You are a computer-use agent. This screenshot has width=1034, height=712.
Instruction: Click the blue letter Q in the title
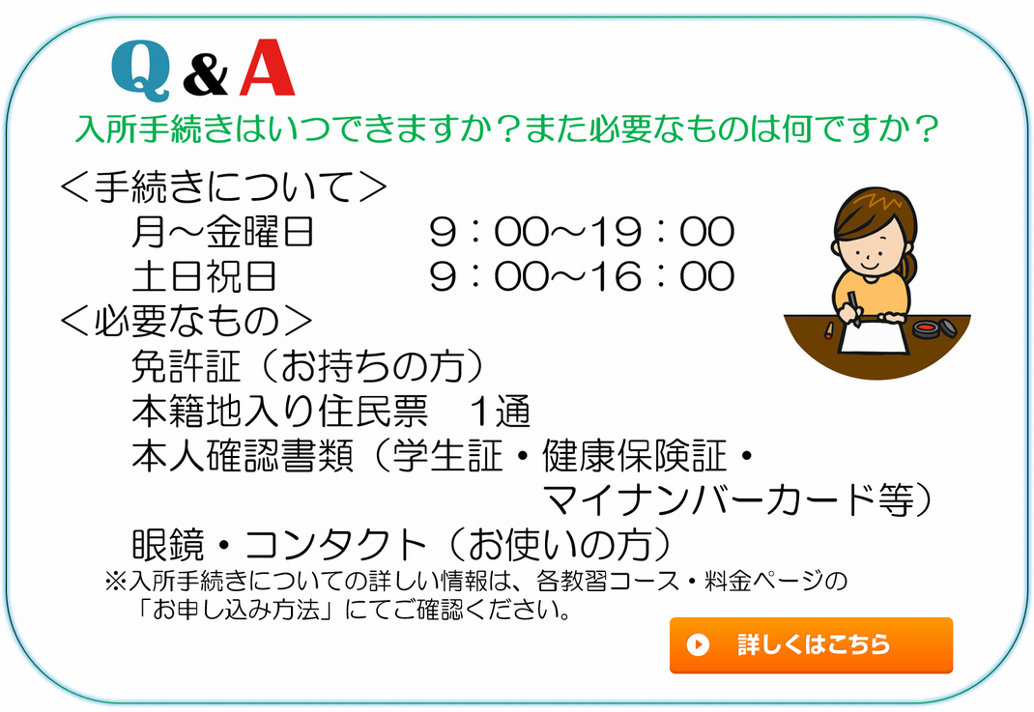[141, 71]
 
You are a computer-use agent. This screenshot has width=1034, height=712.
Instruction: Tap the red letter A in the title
[267, 68]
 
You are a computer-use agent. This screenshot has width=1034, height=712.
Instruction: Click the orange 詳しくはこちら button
[811, 644]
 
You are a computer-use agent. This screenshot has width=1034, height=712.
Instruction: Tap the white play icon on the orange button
[698, 644]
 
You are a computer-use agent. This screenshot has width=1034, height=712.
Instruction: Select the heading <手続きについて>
[223, 186]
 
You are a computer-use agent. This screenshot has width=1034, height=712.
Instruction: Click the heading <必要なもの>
[186, 321]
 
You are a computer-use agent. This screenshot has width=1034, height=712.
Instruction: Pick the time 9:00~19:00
[582, 232]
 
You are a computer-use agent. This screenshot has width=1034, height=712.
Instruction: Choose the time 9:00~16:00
[582, 275]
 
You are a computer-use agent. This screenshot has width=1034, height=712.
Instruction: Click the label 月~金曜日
[223, 232]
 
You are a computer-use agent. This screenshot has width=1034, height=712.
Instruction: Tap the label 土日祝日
[205, 276]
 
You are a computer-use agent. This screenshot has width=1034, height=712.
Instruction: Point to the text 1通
[500, 411]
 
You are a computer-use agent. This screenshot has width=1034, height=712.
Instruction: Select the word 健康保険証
[634, 455]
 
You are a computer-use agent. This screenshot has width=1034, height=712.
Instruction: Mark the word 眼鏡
[167, 545]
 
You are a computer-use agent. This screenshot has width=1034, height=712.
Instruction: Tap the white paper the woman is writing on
[875, 336]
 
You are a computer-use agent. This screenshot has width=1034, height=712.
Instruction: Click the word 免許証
[186, 366]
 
